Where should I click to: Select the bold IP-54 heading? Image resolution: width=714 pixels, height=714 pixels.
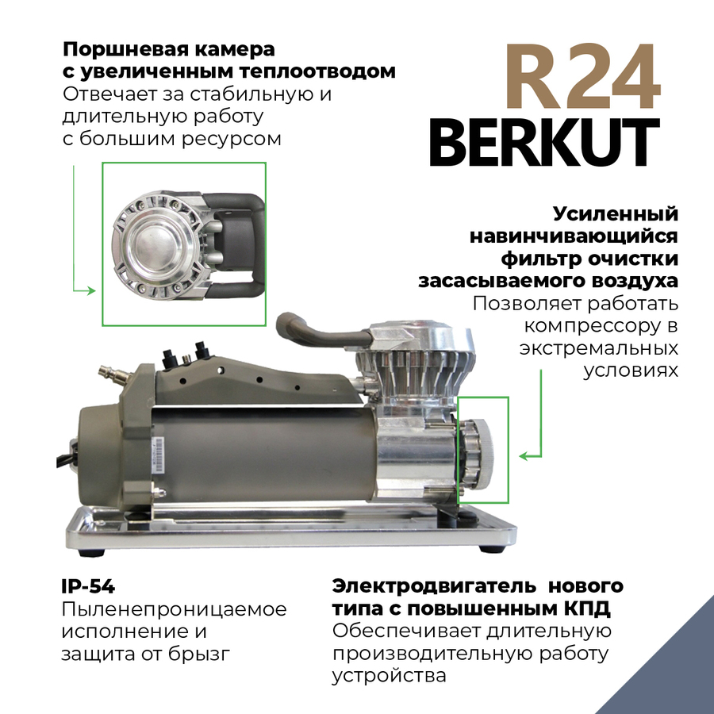point(88,587)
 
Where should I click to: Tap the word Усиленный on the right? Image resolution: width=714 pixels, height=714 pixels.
point(616,214)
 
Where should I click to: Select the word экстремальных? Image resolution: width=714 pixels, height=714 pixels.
point(599,349)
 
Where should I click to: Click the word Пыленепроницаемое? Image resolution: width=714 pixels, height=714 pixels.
point(174,609)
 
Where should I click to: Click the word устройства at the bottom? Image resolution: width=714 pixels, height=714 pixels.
point(390,676)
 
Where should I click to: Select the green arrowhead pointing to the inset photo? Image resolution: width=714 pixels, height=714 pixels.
point(90,291)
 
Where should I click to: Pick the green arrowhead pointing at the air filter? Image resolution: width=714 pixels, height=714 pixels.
point(524,456)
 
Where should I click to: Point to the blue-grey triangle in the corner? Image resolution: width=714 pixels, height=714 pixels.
point(682,674)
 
